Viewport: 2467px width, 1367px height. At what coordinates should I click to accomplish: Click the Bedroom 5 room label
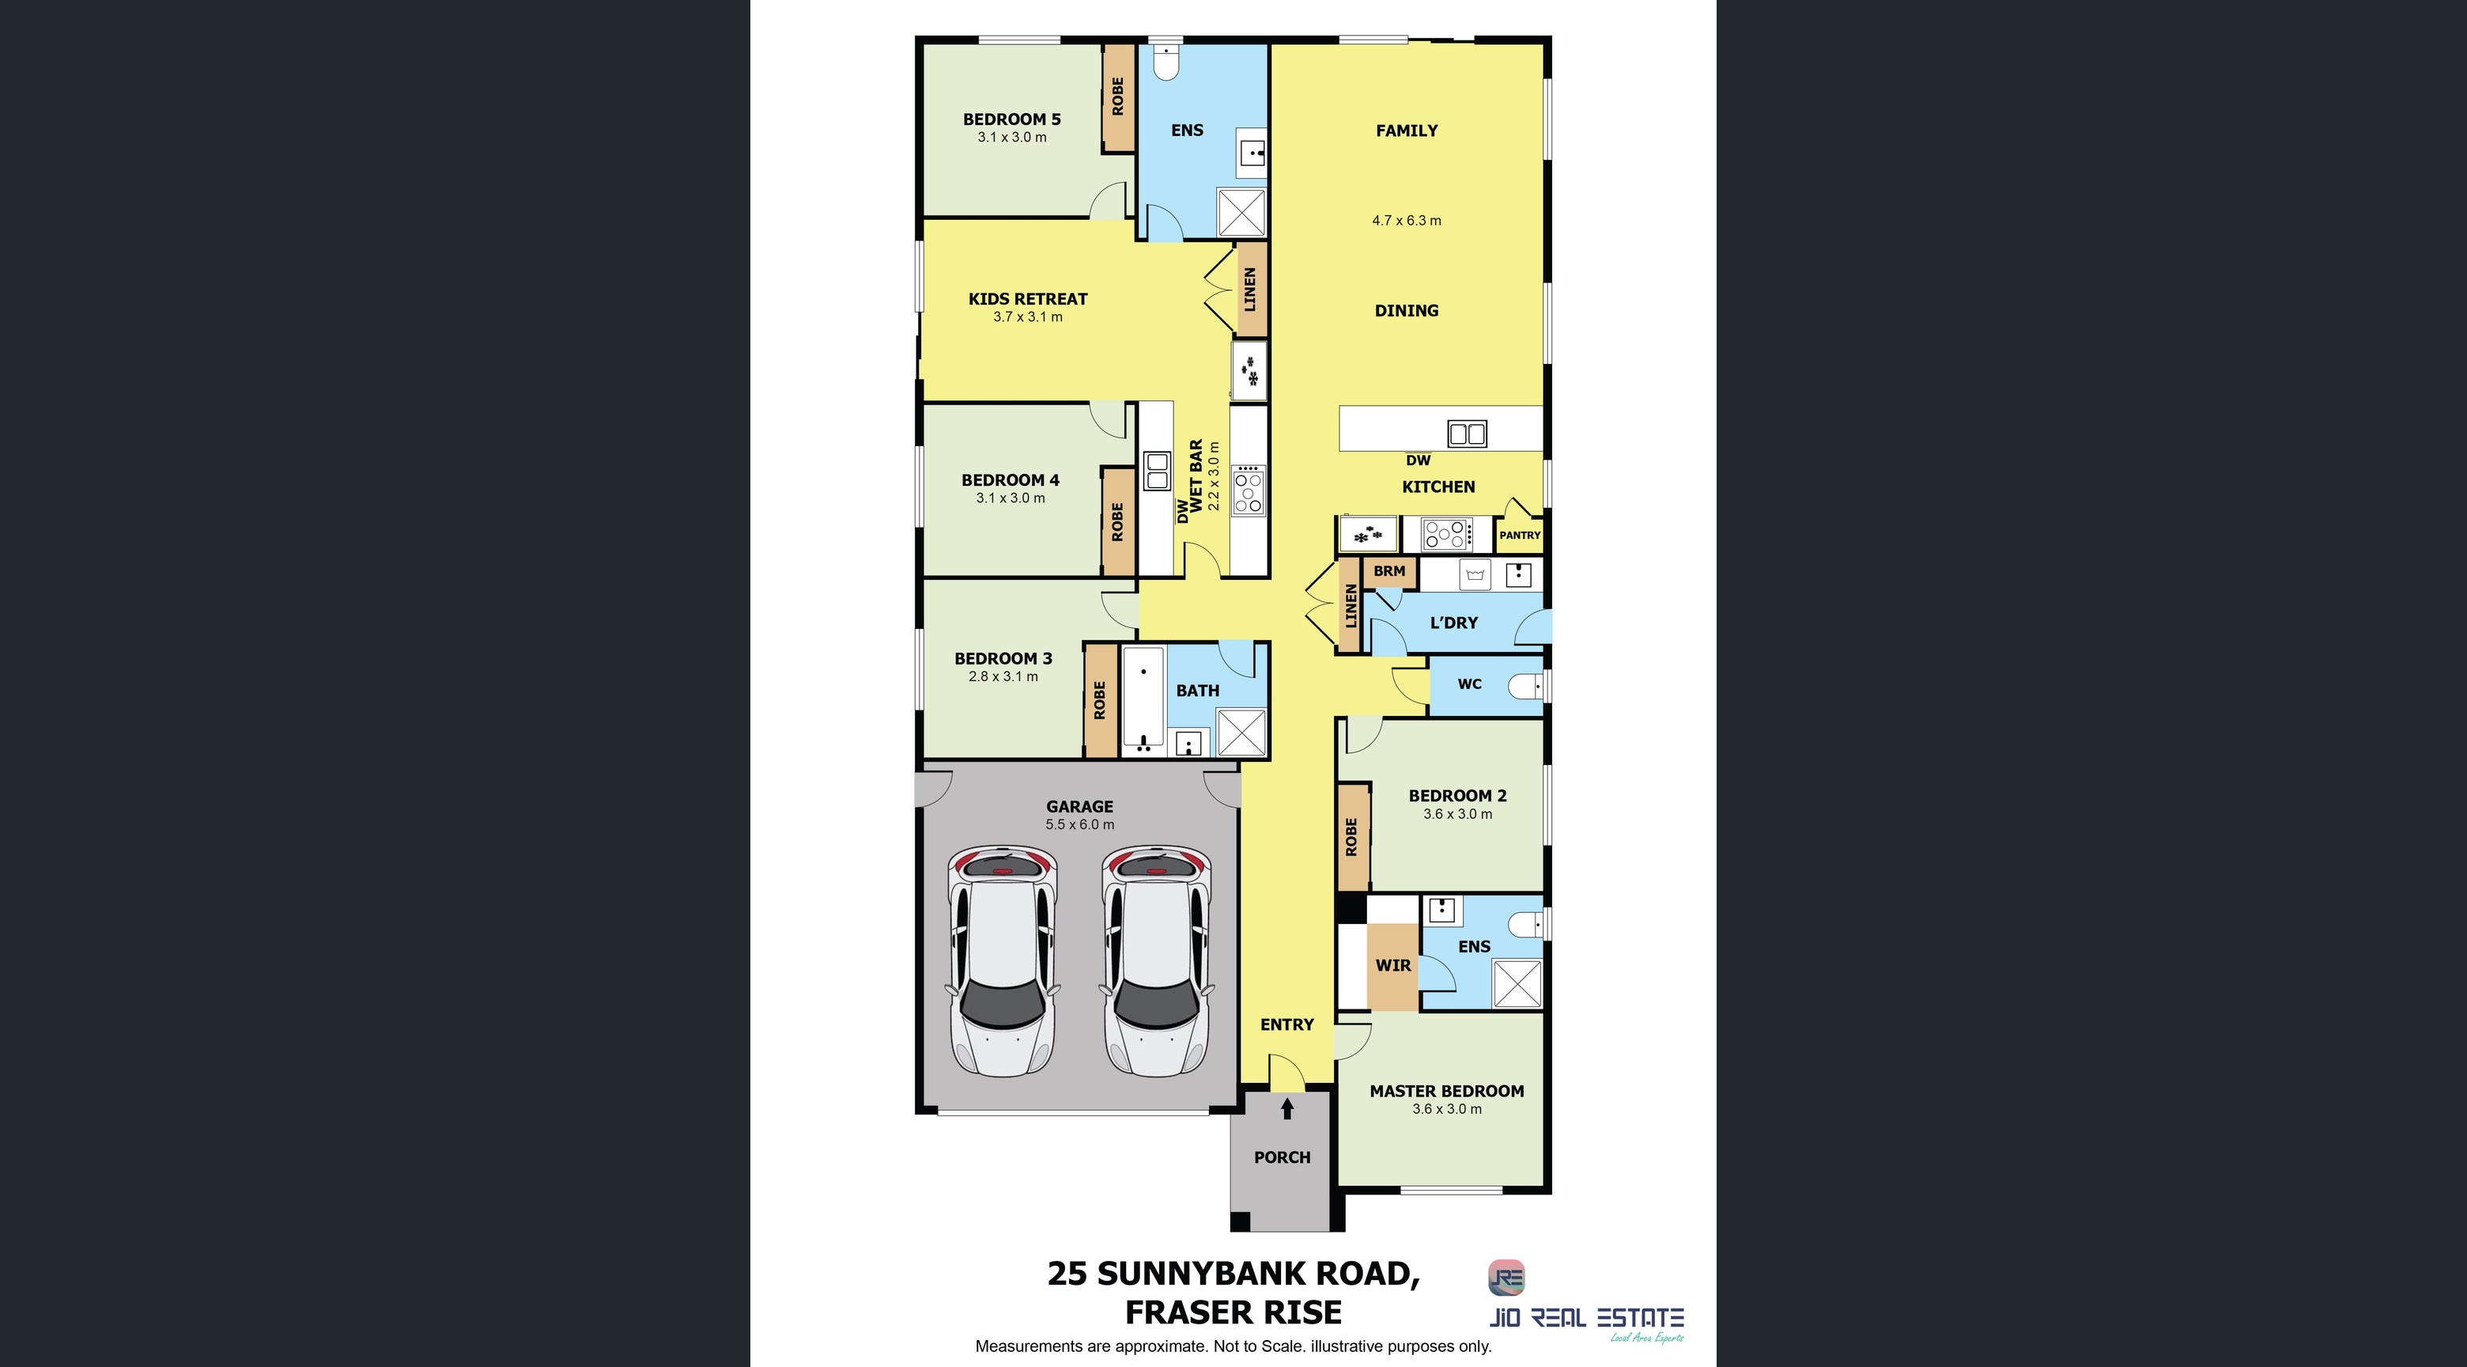1011,119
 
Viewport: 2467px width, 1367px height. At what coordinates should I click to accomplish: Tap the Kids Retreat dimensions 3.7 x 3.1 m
1028,317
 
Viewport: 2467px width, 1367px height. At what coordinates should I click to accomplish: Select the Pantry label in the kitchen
1520,536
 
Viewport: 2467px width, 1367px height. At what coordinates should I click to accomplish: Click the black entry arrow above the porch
1287,1108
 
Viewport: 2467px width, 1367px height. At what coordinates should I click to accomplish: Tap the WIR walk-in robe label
1392,966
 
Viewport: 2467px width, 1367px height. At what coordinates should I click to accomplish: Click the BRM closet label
1389,571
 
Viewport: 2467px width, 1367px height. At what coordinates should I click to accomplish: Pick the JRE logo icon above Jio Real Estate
1506,1277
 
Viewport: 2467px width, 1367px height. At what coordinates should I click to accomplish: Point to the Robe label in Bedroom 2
1351,836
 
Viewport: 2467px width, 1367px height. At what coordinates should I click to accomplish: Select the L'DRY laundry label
1454,623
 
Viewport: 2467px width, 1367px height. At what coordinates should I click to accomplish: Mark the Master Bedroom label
1446,1091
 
